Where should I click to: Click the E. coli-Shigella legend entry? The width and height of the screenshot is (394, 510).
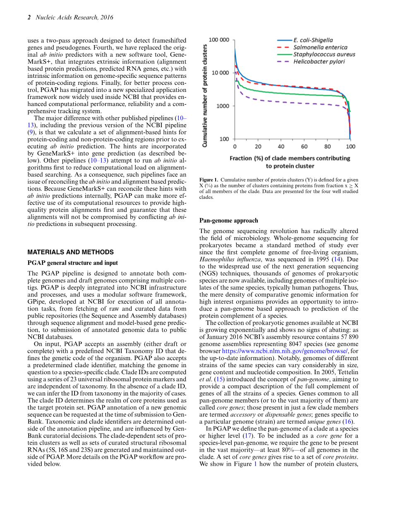coord(313,40)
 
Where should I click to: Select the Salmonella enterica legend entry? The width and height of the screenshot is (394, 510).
coord(320,48)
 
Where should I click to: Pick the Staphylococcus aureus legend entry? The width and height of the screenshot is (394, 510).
coord(324,55)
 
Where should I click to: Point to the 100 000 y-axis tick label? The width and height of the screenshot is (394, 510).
coord(219,40)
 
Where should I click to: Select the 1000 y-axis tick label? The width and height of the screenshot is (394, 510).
coord(223,106)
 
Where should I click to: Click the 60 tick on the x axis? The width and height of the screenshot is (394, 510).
coord(304,146)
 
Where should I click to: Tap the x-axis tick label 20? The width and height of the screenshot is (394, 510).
coord(258,146)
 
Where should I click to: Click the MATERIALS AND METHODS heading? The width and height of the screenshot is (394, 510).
coord(70,252)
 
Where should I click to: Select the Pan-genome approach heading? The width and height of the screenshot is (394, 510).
coord(228,221)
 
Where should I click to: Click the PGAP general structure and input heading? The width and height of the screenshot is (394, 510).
coord(72,263)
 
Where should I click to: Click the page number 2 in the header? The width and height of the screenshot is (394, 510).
coord(29,17)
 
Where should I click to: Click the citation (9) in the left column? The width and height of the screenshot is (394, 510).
coord(31,132)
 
